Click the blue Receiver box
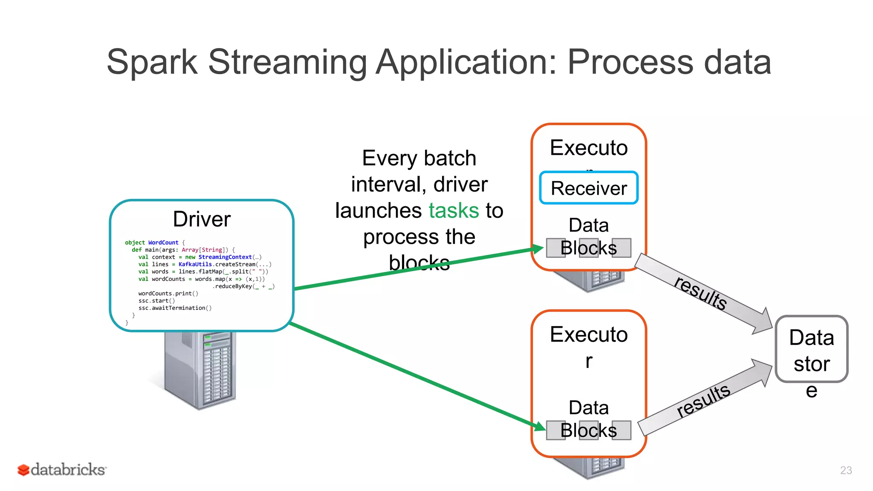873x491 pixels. (588, 188)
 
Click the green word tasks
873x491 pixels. (454, 211)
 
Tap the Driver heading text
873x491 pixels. (202, 219)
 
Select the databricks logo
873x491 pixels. (62, 470)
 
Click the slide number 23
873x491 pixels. (846, 470)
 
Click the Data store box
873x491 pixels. (811, 349)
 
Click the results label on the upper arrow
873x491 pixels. (700, 293)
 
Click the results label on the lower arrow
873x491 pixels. (703, 401)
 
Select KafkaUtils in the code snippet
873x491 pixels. (195, 264)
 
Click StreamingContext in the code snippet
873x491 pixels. (225, 257)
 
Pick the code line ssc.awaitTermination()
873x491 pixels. (175, 308)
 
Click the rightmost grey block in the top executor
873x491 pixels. (622, 248)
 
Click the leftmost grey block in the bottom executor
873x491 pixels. (555, 430)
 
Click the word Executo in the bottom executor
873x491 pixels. (588, 335)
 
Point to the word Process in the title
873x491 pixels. (630, 62)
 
